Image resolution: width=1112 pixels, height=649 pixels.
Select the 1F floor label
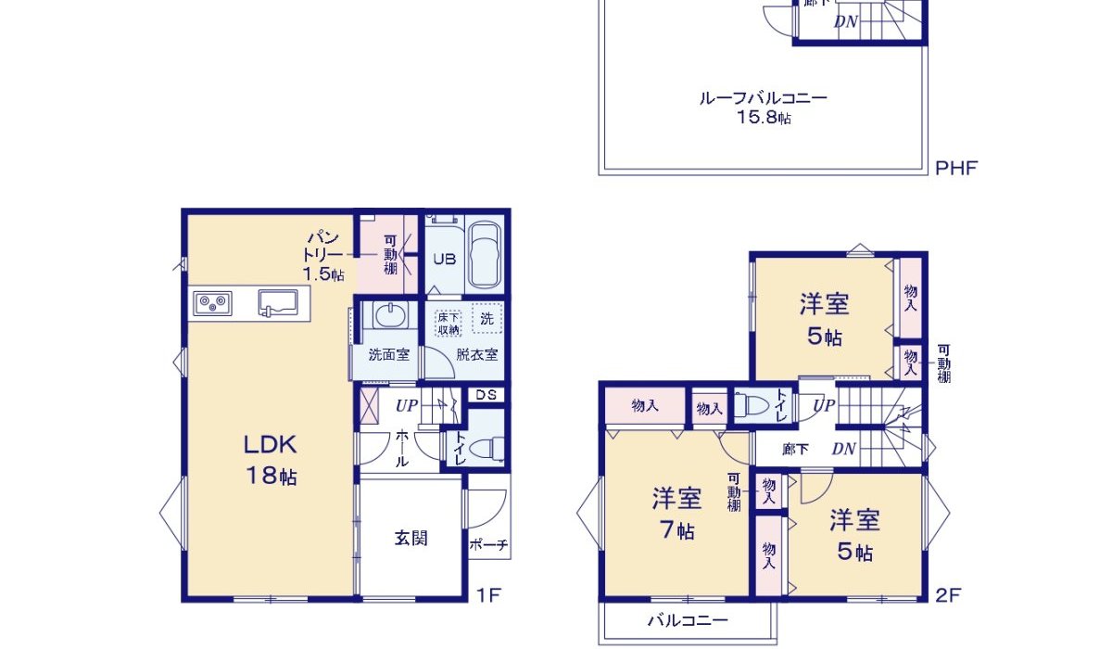click(488, 594)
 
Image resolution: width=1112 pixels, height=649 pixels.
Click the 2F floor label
click(946, 594)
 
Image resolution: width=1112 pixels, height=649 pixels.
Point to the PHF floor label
click(956, 168)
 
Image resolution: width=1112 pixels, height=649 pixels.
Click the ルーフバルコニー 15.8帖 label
click(764, 107)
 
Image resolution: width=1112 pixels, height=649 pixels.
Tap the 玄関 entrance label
click(411, 538)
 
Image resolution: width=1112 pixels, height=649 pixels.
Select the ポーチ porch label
click(488, 545)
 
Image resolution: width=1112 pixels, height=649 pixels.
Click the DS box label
click(486, 394)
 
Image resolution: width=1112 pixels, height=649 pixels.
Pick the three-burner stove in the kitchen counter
click(213, 302)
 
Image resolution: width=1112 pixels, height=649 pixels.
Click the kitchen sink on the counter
click(278, 300)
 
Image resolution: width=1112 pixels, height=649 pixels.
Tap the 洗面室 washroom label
click(388, 354)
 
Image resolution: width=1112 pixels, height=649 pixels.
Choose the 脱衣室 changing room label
click(476, 354)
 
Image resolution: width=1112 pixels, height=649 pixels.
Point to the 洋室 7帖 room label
click(676, 513)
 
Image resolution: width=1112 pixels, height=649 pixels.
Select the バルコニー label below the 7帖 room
click(688, 620)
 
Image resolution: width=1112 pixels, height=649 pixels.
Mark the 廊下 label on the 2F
click(795, 450)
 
